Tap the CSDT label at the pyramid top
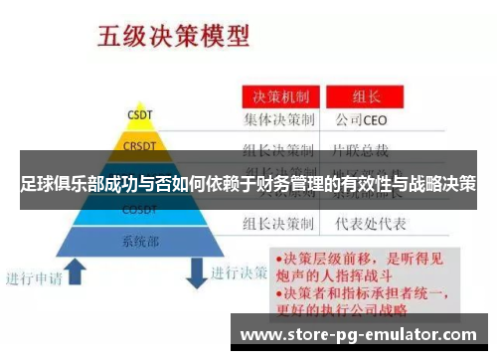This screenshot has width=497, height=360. (139, 114)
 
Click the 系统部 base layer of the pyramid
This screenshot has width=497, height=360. (139, 240)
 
